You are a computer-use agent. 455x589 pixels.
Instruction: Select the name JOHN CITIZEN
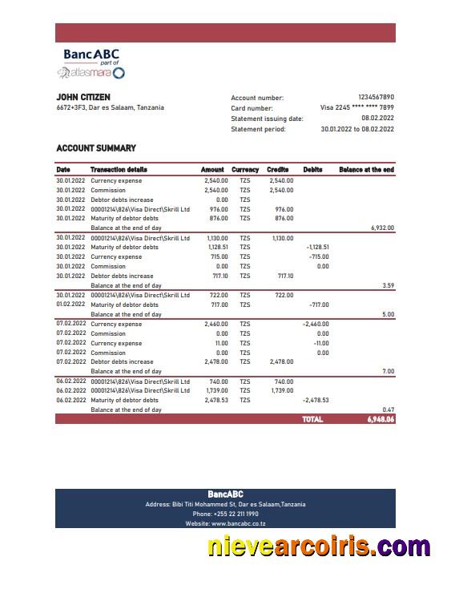click(x=83, y=97)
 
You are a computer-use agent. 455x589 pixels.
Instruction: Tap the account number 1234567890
click(x=376, y=97)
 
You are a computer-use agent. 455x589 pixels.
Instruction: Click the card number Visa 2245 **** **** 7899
click(x=356, y=107)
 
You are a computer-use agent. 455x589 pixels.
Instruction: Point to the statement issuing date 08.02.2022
click(x=377, y=118)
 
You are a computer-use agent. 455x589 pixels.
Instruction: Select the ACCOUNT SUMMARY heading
click(x=96, y=148)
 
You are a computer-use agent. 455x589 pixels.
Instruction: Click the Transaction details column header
click(x=119, y=170)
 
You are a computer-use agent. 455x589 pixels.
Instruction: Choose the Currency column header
click(x=245, y=170)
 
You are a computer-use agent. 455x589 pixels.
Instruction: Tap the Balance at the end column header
click(x=366, y=170)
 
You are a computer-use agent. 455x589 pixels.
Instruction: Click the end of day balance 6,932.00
click(x=382, y=228)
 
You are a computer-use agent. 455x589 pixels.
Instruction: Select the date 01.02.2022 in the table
click(x=70, y=305)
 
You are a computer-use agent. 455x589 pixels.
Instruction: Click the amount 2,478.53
click(x=216, y=400)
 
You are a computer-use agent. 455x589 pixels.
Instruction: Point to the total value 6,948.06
click(x=381, y=419)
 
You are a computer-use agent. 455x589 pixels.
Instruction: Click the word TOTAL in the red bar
click(x=312, y=419)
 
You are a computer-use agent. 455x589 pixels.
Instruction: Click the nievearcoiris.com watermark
click(x=319, y=547)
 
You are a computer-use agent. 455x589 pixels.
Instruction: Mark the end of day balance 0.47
click(x=388, y=409)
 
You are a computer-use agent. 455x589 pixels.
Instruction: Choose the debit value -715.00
click(x=319, y=257)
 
